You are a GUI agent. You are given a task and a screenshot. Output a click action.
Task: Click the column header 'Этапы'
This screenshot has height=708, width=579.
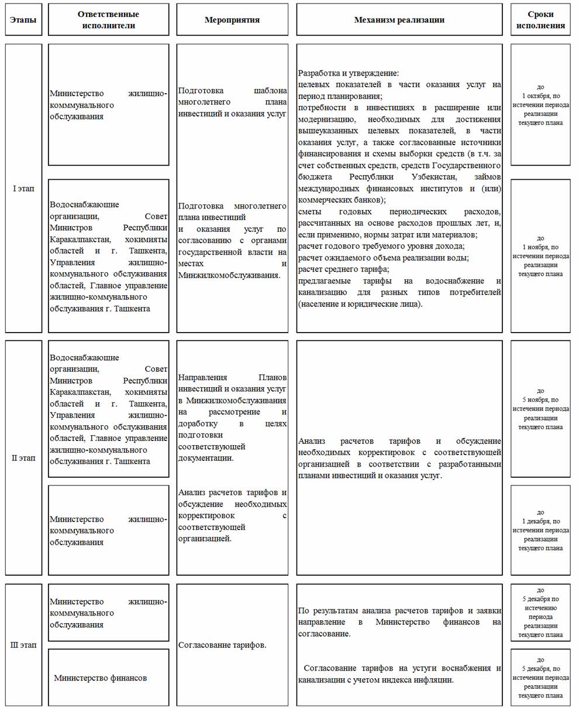(x=23, y=20)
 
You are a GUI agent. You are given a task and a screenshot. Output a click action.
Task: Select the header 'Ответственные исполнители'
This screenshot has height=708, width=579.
(x=108, y=20)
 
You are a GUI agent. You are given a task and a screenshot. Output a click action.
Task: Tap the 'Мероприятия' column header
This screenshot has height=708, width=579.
(x=232, y=20)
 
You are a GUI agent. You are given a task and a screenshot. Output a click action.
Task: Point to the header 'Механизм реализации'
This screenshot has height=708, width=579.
(x=399, y=20)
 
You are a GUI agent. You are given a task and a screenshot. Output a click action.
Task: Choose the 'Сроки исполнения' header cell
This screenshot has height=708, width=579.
(x=540, y=20)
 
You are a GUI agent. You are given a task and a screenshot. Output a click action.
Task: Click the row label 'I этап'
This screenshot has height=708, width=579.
(x=23, y=189)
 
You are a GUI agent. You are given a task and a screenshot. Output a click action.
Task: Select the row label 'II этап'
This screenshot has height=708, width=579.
(x=23, y=458)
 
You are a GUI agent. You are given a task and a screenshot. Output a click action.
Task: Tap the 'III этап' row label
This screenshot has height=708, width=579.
(x=23, y=645)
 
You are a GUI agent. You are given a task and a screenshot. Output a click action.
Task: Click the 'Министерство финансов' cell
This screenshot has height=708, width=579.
(x=101, y=678)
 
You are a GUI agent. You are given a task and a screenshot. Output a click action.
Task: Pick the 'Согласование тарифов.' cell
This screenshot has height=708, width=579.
(x=222, y=645)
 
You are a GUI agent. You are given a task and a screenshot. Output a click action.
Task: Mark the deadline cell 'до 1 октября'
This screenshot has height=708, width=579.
(x=540, y=105)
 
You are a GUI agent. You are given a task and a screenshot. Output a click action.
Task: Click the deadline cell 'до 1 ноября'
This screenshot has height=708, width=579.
(x=540, y=256)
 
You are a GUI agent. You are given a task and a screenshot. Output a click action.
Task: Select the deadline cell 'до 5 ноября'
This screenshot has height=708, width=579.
(x=540, y=409)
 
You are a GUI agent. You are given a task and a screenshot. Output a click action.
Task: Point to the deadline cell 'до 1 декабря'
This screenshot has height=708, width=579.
(x=540, y=530)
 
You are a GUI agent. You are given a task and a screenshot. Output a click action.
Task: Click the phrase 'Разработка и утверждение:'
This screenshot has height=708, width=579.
(x=348, y=73)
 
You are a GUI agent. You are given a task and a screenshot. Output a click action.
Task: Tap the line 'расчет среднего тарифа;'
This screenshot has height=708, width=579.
(x=343, y=269)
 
